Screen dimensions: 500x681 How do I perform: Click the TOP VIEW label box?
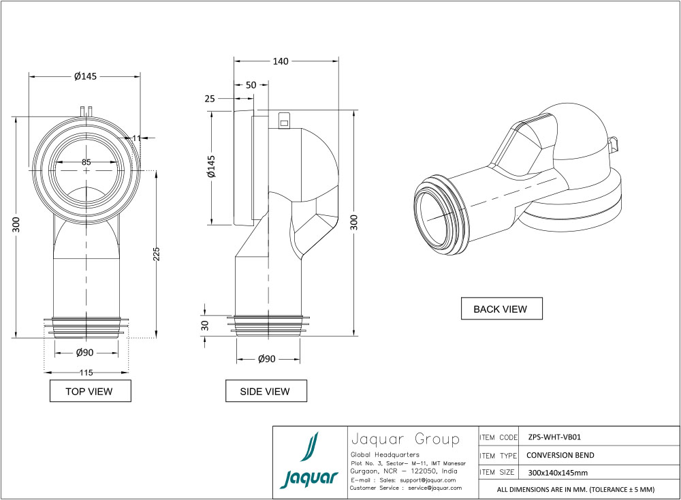coord(89,391)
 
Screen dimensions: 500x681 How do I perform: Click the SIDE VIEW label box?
coord(266,391)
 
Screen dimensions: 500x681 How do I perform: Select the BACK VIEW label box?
coord(501,309)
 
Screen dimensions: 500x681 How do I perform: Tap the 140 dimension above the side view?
coord(281,61)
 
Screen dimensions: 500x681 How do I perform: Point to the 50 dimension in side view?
coord(251,85)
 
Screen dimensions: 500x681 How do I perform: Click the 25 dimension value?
coord(209,99)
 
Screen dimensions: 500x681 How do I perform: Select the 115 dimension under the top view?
coord(86,372)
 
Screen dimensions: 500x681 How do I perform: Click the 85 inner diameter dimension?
coord(86,162)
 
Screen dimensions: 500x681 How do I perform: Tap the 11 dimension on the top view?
coord(137,138)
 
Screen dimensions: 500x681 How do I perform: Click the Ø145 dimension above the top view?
coord(86,76)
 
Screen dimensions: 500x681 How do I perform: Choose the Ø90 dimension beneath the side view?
coord(267,359)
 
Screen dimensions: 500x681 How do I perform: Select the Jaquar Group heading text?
coord(404,438)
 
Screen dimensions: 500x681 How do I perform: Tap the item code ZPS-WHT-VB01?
coord(554,437)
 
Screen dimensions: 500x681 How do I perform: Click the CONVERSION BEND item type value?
coord(560,455)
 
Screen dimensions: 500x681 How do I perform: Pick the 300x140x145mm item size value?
coord(558,472)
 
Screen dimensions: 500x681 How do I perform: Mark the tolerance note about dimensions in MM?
coord(575,489)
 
